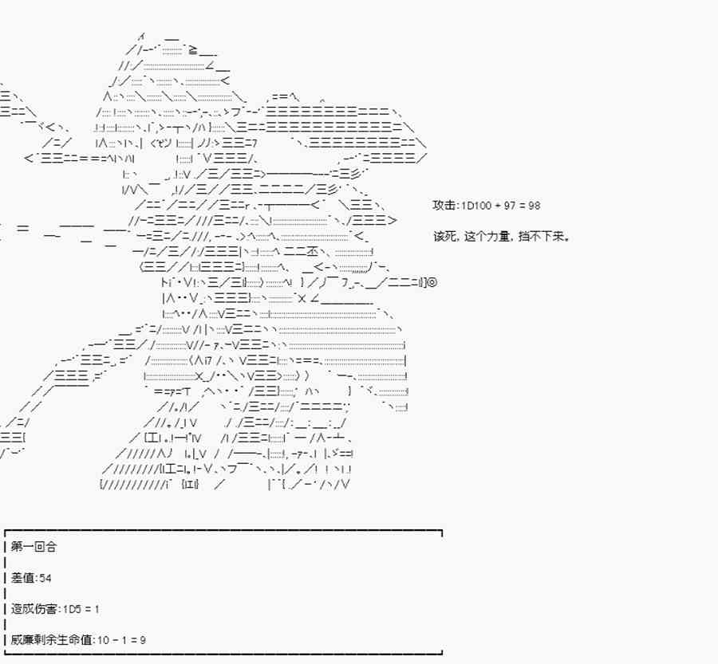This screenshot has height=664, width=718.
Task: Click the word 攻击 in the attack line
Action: click(443, 205)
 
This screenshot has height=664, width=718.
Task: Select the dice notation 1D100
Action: click(473, 205)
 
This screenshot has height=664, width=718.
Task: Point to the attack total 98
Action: click(534, 205)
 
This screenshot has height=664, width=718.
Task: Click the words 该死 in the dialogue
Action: click(443, 237)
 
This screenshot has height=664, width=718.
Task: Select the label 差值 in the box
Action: click(22, 578)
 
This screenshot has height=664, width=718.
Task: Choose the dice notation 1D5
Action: click(71, 609)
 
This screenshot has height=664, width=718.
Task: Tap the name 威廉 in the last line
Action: click(22, 640)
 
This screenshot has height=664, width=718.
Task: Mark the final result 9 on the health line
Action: click(142, 640)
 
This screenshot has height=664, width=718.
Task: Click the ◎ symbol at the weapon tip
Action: click(433, 282)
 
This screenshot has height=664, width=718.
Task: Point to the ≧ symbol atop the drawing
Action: click(183, 49)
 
